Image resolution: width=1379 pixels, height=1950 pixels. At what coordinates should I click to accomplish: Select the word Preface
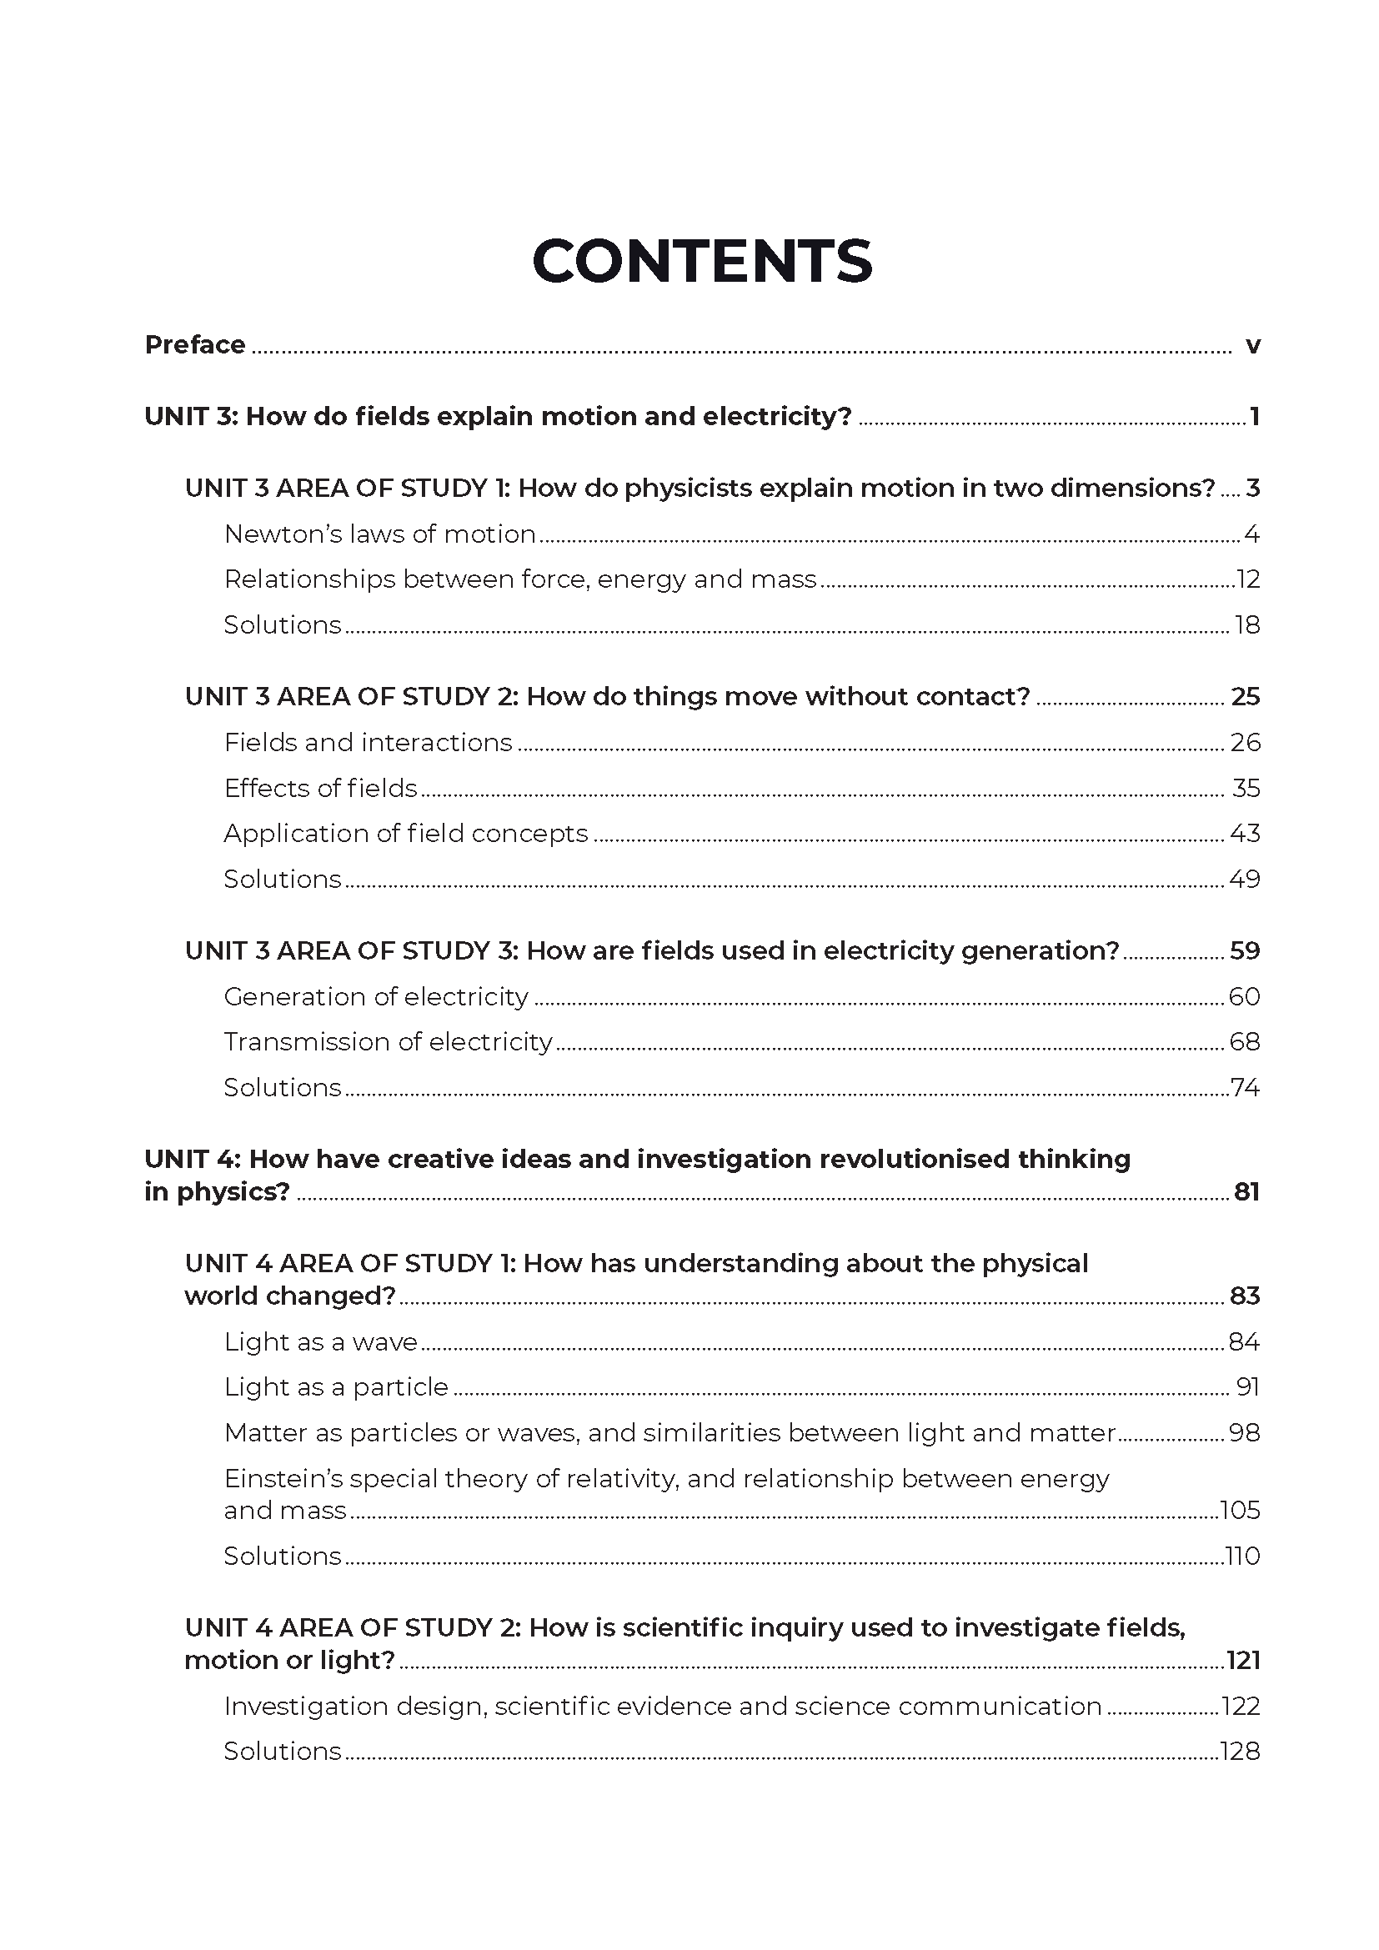coord(194,345)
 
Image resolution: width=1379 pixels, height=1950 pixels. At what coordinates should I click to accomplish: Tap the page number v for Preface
coord(1252,346)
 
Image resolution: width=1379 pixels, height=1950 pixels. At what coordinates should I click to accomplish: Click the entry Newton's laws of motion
coord(379,534)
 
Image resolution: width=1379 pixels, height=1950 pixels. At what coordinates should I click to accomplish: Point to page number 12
coord(1248,579)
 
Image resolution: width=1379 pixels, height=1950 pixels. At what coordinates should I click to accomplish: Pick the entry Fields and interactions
coord(368,743)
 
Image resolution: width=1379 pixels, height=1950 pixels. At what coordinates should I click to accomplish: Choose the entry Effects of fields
coord(320,788)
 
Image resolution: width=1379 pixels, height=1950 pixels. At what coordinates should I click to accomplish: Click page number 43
coord(1245,833)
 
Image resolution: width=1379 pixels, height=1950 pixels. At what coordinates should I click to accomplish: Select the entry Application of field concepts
coord(405,834)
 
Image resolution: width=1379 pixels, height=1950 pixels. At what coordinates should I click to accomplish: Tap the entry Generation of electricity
coord(375,996)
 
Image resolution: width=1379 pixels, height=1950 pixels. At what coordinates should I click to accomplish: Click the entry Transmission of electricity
coord(387,1042)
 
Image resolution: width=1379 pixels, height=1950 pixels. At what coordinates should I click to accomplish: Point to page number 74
coord(1245,1087)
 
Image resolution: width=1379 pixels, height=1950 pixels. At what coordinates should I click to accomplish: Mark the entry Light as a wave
coord(320,1342)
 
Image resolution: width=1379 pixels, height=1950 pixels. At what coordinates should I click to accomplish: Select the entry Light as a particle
coord(335,1388)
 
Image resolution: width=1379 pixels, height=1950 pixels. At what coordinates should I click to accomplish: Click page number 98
coord(1245,1433)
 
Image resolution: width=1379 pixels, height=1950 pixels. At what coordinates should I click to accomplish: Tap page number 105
coord(1240,1510)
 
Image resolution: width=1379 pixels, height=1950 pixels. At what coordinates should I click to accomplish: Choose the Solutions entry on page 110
coord(282,1556)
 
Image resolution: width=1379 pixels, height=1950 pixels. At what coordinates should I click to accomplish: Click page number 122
coord(1241,1707)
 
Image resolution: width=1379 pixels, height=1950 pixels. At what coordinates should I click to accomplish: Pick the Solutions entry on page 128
coord(282,1752)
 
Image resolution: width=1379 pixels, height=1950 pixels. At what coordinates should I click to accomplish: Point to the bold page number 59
coord(1245,950)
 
